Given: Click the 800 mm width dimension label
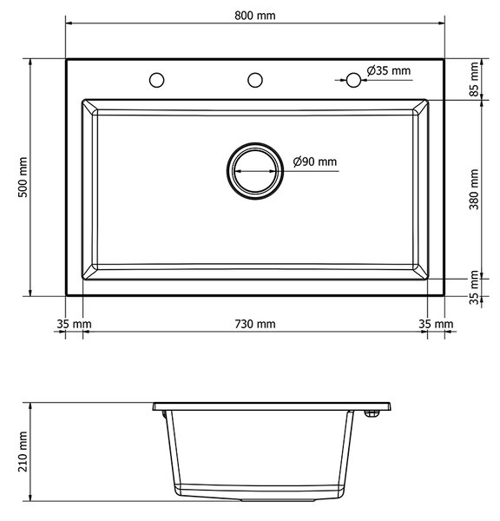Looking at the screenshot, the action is click(255, 16).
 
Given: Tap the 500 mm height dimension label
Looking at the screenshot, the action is click(23, 177).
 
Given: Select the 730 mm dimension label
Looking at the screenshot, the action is click(255, 324).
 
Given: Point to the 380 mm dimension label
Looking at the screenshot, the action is click(474, 189).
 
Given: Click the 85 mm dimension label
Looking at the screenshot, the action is click(474, 79).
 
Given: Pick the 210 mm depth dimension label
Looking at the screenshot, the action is click(23, 452).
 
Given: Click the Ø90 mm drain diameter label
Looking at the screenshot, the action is click(315, 162).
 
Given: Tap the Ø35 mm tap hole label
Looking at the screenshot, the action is click(389, 70).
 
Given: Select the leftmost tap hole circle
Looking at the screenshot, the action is click(156, 80).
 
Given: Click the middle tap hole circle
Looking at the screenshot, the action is click(255, 80).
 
